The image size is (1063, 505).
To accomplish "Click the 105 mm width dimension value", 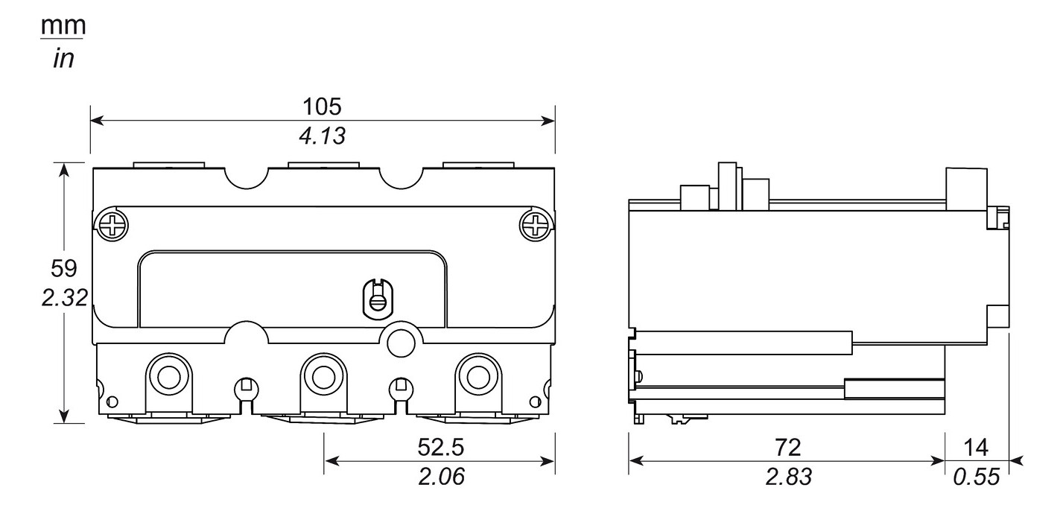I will tap(322, 107).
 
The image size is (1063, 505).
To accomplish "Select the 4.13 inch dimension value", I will tap(322, 136).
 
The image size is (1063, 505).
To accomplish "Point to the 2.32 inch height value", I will tap(63, 298).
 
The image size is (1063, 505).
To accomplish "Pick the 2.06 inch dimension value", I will tap(440, 477).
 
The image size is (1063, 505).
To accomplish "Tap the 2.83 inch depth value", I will tap(787, 477).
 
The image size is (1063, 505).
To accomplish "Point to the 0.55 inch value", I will tap(976, 477).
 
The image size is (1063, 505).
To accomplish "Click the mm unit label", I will tap(63, 26).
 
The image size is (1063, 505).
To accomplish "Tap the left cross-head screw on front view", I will tap(111, 223).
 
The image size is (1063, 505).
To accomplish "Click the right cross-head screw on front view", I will tap(536, 223).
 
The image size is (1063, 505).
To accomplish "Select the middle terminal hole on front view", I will tap(323, 375).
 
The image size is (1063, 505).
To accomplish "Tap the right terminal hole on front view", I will tap(477, 375).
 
